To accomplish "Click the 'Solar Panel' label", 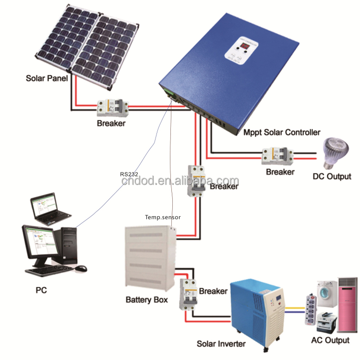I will point(47,78).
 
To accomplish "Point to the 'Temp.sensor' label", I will point(163,217).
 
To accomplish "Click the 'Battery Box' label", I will point(146,299).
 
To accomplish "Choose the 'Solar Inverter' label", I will point(221,344).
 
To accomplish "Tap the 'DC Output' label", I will point(332,176).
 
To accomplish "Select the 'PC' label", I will point(41,290).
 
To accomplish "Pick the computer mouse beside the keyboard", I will point(81,268).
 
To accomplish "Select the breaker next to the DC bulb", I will point(274,156).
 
